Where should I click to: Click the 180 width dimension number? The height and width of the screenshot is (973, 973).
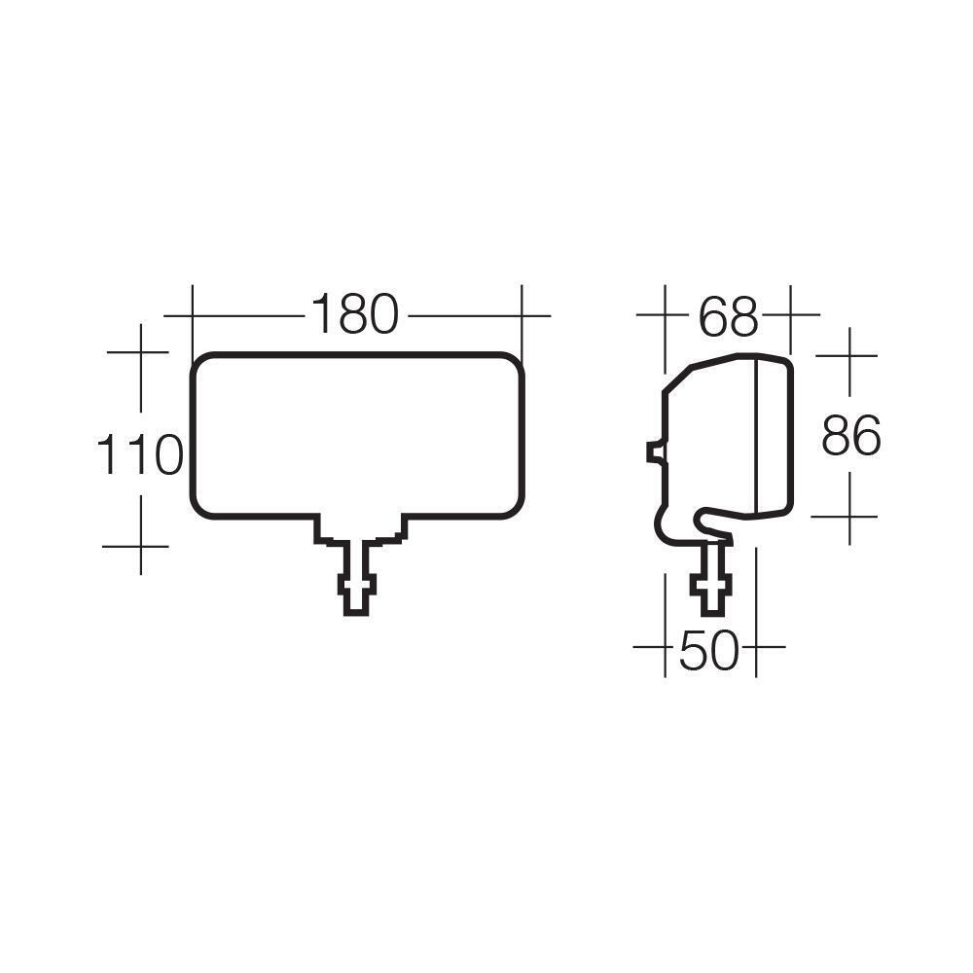(x=355, y=315)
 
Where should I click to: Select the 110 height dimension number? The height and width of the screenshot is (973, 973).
(x=140, y=455)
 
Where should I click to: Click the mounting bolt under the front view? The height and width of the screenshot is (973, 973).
(x=354, y=580)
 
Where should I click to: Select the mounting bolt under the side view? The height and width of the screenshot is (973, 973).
(x=709, y=578)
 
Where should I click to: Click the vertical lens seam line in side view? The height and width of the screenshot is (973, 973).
(x=756, y=438)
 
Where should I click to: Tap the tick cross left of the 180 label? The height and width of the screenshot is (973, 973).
(x=193, y=315)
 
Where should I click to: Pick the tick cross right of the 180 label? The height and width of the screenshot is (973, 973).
(x=522, y=315)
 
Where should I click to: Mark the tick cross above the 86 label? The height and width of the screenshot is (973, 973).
(x=849, y=356)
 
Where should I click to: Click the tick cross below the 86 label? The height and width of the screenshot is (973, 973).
(x=849, y=516)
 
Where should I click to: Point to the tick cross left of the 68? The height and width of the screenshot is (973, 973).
(x=664, y=315)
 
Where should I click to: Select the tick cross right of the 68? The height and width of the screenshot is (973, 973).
(x=789, y=315)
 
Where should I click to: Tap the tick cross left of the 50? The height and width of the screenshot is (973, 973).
(x=664, y=646)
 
